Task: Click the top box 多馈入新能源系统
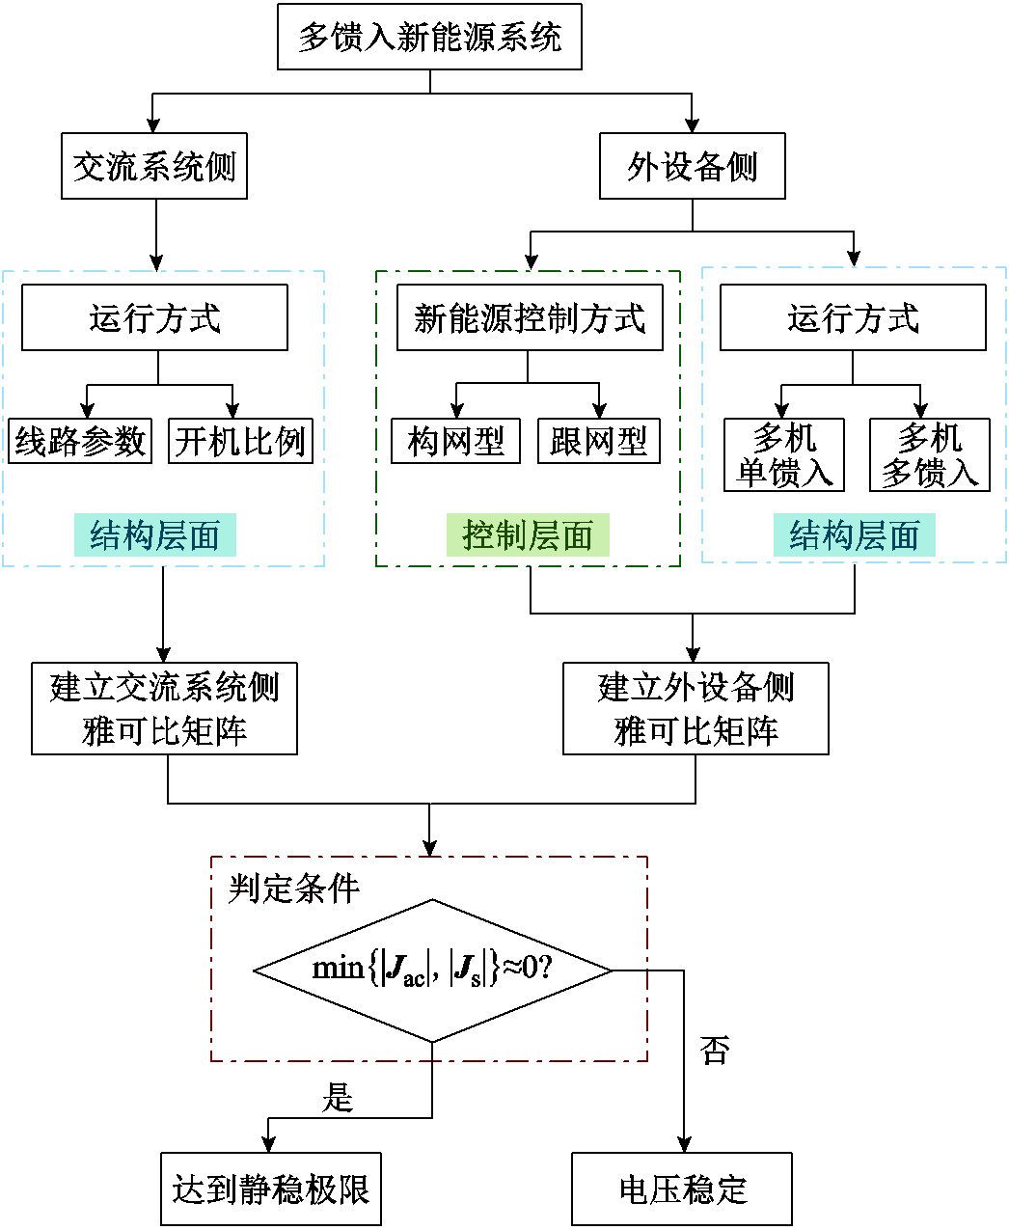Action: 429,38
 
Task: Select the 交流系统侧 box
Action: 154,167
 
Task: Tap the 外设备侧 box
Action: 692,167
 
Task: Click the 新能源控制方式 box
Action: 530,317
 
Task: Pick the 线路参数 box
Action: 80,442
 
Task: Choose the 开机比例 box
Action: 240,442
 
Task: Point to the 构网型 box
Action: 455,442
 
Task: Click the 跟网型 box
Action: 598,442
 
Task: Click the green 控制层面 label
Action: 528,535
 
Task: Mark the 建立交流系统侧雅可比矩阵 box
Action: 164,709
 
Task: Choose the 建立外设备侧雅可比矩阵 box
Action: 695,709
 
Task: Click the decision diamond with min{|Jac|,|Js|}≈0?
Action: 432,970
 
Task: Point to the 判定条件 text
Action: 293,888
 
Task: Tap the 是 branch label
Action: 338,1097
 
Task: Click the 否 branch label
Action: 715,1051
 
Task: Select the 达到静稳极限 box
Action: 271,1189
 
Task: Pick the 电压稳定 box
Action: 682,1189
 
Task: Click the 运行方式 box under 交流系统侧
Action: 154,317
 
